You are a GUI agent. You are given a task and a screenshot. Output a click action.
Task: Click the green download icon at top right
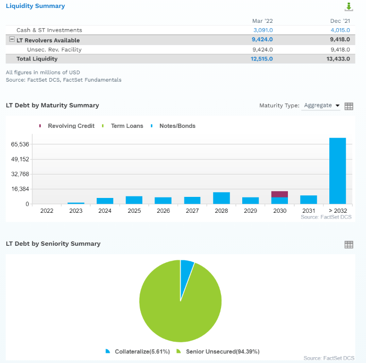click(348, 7)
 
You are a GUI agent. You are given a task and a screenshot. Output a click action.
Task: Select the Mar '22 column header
click(262, 21)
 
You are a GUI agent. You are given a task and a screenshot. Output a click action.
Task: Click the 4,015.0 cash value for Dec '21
click(339, 30)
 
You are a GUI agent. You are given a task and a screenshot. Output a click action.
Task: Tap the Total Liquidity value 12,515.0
click(262, 58)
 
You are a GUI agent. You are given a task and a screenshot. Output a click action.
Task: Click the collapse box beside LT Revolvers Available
click(12, 40)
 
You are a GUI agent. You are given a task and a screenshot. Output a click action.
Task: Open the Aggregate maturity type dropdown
click(322, 106)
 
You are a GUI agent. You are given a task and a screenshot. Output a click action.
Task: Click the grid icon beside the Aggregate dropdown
click(349, 106)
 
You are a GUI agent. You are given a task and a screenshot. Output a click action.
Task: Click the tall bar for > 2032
click(337, 171)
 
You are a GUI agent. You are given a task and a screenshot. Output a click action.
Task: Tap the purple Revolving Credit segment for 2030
click(279, 194)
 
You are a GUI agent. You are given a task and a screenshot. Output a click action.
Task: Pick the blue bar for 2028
click(221, 198)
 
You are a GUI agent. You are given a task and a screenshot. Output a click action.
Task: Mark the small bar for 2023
click(76, 203)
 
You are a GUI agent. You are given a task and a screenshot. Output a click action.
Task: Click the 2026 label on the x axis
click(163, 211)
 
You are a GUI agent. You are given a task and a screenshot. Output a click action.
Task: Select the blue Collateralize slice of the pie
click(186, 270)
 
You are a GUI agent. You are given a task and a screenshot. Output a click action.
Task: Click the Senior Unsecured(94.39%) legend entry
click(222, 351)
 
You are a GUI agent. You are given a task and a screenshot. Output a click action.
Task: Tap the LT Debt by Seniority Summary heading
click(53, 244)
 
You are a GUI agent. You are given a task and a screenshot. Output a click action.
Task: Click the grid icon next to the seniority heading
click(349, 245)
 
